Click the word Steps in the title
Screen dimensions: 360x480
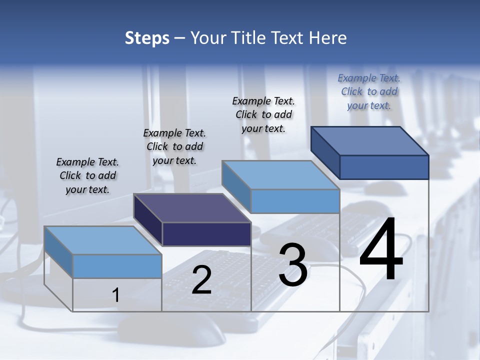coord(147,38)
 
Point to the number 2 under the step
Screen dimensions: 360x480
coord(201,279)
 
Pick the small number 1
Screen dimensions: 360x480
coord(116,295)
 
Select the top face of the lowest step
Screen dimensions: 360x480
coord(103,240)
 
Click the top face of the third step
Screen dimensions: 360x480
coord(281,175)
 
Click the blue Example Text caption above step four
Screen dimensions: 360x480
coord(369,91)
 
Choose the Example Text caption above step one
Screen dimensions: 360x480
coord(87,175)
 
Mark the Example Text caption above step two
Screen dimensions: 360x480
coord(174,146)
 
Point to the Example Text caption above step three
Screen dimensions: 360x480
coord(263,114)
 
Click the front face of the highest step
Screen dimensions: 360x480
coord(384,167)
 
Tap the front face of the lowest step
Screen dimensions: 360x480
coord(117,266)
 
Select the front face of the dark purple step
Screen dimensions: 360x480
coord(206,234)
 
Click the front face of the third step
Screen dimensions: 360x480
coord(295,201)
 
